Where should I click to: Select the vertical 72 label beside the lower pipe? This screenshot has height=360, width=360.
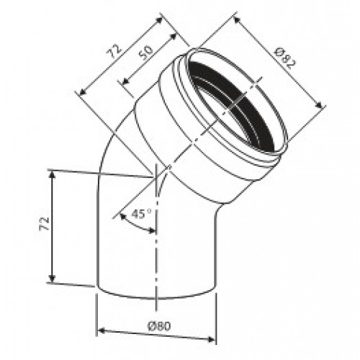click(44, 224)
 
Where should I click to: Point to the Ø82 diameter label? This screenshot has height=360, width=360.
click(286, 58)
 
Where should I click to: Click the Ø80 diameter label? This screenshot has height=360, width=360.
click(159, 326)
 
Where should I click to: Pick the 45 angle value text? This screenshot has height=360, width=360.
click(138, 214)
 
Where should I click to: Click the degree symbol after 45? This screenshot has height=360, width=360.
click(149, 211)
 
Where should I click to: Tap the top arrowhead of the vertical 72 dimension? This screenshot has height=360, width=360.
click(53, 175)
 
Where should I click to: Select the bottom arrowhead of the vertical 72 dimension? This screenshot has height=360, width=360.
click(52, 278)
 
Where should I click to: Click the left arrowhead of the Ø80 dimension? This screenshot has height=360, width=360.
click(102, 330)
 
